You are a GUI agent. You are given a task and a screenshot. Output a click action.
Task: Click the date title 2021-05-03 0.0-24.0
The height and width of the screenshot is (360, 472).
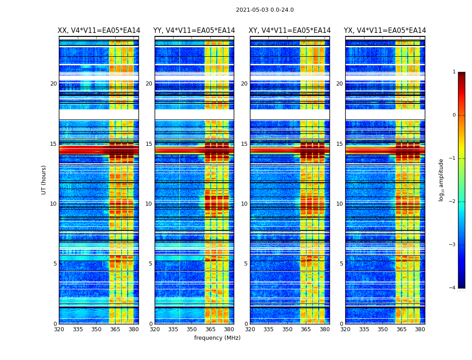(265, 10)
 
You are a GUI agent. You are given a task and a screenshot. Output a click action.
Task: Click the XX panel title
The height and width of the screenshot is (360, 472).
(99, 31)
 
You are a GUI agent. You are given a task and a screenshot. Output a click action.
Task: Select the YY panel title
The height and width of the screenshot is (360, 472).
(194, 31)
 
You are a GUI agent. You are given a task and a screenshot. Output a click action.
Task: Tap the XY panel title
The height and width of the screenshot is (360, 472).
(289, 31)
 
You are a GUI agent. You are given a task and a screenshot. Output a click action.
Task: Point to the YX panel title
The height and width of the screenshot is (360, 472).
(385, 31)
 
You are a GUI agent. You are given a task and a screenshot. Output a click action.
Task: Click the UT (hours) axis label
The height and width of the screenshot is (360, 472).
(44, 180)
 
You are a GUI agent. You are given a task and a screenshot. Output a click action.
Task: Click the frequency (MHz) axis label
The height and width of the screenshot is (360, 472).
(217, 338)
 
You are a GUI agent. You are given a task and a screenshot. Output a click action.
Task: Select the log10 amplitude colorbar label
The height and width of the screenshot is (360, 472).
(441, 180)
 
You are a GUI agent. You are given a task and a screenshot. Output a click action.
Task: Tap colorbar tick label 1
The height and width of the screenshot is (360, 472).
(454, 72)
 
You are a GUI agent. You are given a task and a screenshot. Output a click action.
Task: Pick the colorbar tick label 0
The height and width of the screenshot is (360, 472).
(454, 115)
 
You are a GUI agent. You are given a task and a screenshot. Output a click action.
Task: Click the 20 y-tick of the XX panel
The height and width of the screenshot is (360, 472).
(53, 84)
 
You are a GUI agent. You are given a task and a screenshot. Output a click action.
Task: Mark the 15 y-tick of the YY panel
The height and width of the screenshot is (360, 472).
(149, 144)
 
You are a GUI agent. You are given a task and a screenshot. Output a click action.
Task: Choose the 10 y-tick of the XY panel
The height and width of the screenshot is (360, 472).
(244, 204)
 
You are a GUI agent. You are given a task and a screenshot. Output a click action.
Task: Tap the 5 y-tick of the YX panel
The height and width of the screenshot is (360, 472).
(342, 264)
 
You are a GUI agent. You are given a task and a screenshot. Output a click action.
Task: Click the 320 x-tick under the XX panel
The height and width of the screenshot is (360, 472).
(59, 329)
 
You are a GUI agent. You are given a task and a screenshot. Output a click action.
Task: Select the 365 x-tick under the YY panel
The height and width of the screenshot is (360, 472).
(210, 329)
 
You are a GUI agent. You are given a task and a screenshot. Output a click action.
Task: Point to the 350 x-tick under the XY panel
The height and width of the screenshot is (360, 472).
(287, 329)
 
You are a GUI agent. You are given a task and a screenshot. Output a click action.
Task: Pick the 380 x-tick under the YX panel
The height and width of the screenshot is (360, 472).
(420, 329)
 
